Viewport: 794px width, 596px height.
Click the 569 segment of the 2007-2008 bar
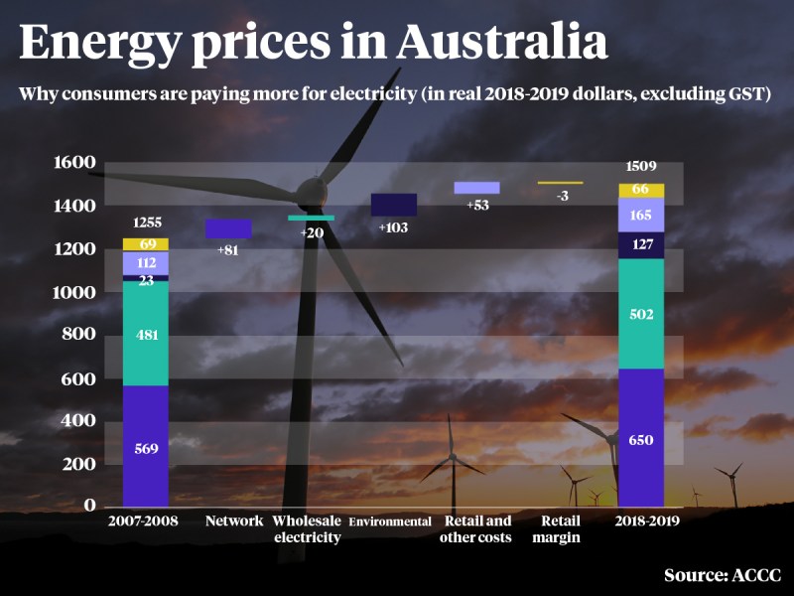click(145, 446)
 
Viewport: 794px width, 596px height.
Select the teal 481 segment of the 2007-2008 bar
click(145, 334)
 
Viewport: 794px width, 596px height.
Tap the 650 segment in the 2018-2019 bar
click(640, 438)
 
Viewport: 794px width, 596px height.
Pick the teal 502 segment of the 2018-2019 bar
click(640, 313)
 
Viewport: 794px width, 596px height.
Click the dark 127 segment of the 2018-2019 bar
click(640, 245)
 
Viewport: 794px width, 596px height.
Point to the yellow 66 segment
click(640, 190)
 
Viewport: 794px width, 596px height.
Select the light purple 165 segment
click(640, 215)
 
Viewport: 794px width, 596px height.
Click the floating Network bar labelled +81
click(227, 228)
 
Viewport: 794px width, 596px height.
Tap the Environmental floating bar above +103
click(393, 204)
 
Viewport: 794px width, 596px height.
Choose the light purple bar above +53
click(476, 188)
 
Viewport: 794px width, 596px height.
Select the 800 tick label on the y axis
click(77, 335)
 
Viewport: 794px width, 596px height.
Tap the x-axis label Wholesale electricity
click(308, 529)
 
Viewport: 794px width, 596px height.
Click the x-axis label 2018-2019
click(640, 521)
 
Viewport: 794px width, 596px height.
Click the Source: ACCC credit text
click(723, 575)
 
